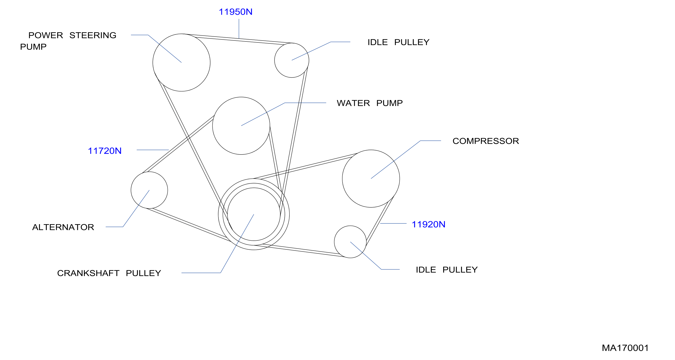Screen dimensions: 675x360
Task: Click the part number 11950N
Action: (235, 12)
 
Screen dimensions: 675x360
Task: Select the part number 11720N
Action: (104, 151)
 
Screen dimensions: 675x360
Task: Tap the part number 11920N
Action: (428, 224)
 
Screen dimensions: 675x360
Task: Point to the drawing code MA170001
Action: (625, 348)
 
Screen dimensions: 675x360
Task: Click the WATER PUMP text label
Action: (370, 103)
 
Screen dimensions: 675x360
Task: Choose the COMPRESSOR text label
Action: (486, 141)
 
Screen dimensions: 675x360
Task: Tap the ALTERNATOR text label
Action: (63, 227)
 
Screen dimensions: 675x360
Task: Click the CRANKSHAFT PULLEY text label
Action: (109, 273)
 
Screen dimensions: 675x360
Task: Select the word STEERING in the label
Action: (93, 35)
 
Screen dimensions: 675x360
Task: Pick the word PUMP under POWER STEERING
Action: (33, 47)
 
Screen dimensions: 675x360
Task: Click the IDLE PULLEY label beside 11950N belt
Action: (398, 42)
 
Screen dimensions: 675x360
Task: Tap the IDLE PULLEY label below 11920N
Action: (447, 270)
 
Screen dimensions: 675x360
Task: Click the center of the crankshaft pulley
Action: (254, 214)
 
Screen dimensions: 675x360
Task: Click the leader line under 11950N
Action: (239, 29)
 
